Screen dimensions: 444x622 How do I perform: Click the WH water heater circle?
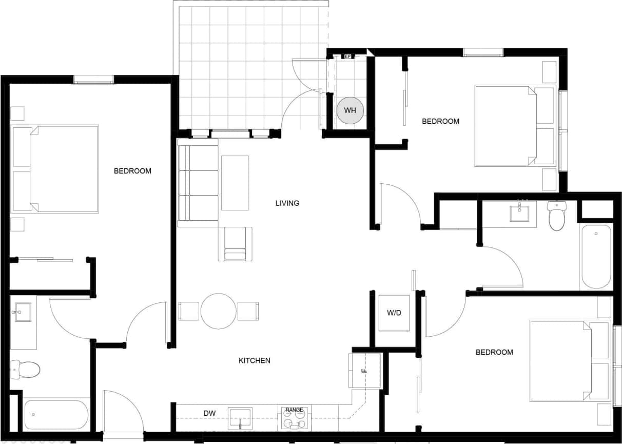(350, 110)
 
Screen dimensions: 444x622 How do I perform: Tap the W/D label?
(394, 313)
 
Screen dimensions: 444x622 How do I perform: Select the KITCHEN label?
(255, 361)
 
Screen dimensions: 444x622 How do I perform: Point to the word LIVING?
(287, 203)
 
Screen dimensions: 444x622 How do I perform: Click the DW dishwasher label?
(209, 413)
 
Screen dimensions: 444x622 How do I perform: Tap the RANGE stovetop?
(295, 419)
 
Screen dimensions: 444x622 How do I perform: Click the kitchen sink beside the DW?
(240, 418)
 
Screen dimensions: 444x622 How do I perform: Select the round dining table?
(219, 311)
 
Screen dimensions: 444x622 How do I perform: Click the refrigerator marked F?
(364, 371)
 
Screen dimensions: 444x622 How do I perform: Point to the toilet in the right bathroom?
(556, 216)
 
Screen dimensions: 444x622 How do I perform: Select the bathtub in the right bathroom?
(595, 257)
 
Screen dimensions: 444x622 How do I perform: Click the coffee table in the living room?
(235, 183)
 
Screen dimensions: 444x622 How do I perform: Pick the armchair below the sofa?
(235, 244)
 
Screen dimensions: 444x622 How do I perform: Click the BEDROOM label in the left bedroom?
(132, 171)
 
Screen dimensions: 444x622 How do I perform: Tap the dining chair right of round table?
(248, 311)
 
